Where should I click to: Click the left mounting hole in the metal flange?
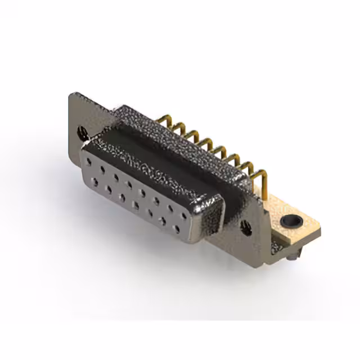83,133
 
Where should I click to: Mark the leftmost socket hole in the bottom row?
94,182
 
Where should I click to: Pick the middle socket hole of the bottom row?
135,205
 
